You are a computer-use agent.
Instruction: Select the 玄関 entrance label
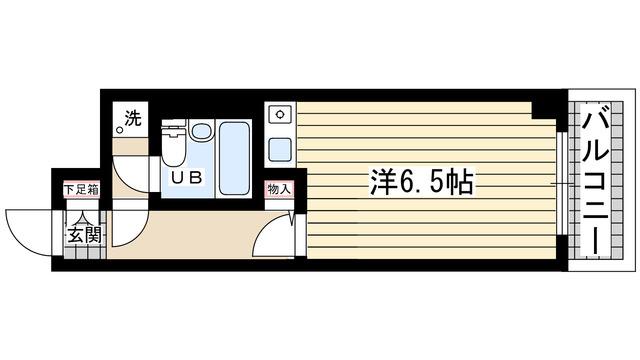[x=83, y=236]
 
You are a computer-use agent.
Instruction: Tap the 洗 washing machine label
[x=131, y=119]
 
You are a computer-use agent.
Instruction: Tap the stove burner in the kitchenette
[x=279, y=113]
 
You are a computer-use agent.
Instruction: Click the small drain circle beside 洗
[x=120, y=129]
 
